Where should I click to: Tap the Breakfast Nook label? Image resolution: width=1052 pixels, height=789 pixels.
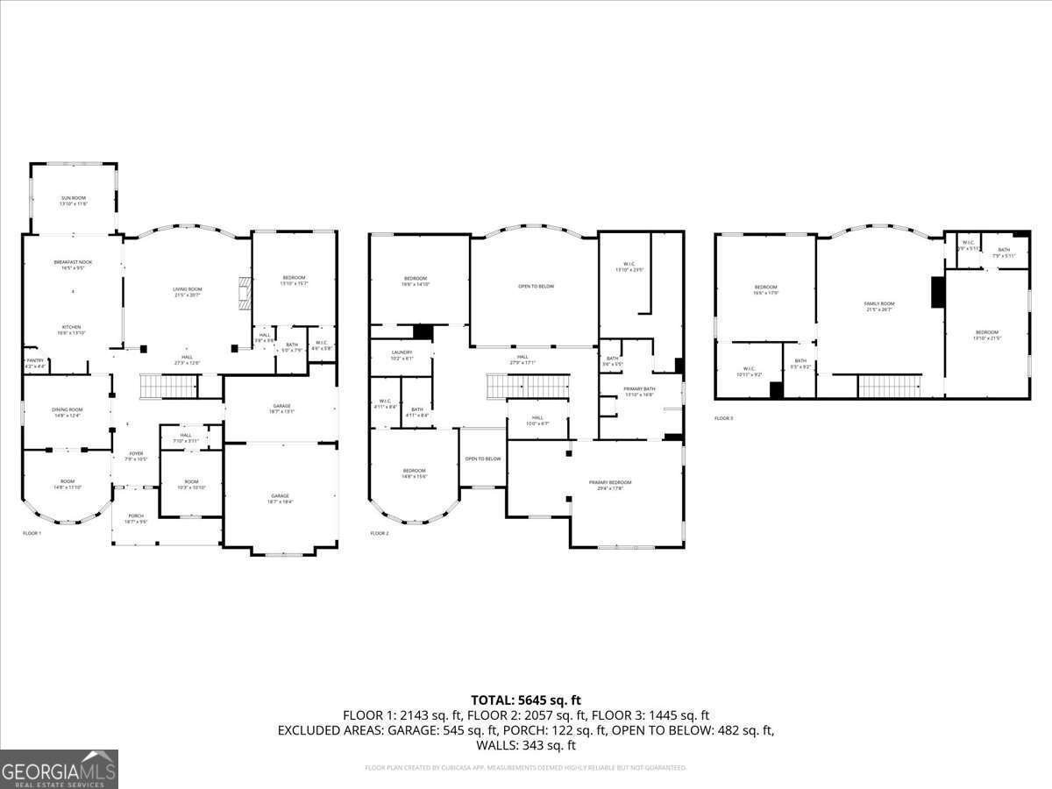click(x=72, y=266)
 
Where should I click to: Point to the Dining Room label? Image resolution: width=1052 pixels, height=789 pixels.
click(x=68, y=412)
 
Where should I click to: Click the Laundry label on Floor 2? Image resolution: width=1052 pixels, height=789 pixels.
click(x=402, y=354)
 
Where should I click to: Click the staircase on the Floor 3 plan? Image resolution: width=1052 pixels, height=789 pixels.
click(x=889, y=386)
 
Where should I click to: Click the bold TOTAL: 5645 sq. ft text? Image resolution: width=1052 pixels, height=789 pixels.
click(x=526, y=700)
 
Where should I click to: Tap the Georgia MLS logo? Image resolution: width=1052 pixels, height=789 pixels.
click(x=59, y=769)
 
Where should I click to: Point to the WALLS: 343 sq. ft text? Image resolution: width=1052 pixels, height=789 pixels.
click(x=526, y=745)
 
